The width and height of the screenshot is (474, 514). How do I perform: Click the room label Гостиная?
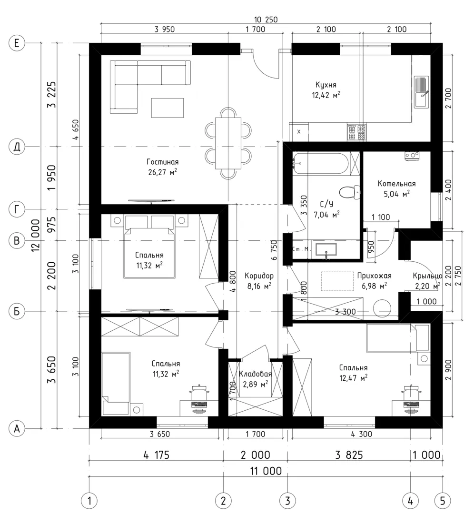tap(162, 162)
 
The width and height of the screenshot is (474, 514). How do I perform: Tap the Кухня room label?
tap(326, 85)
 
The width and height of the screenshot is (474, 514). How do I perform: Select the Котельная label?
tap(396, 184)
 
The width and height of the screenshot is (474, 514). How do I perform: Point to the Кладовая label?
tap(256, 374)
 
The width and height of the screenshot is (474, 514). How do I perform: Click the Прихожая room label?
tap(375, 276)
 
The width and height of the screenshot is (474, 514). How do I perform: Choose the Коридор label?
tap(259, 276)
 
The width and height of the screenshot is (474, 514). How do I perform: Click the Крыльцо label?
tap(427, 276)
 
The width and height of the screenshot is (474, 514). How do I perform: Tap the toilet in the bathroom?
tap(349, 192)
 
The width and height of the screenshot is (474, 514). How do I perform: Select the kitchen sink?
tap(421, 92)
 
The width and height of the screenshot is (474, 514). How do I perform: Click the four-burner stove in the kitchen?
tap(356, 132)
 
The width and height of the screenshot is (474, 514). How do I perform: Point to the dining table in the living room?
tap(228, 143)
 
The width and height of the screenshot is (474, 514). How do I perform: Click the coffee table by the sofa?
tap(167, 108)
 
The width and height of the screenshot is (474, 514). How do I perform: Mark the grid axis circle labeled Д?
tap(17, 147)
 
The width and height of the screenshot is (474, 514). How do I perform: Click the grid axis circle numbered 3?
tap(287, 501)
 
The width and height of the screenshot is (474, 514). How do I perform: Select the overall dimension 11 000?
tap(266, 471)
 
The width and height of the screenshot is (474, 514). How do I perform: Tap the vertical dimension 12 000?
tap(36, 236)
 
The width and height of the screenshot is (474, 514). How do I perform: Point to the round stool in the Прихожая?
tap(382, 308)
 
